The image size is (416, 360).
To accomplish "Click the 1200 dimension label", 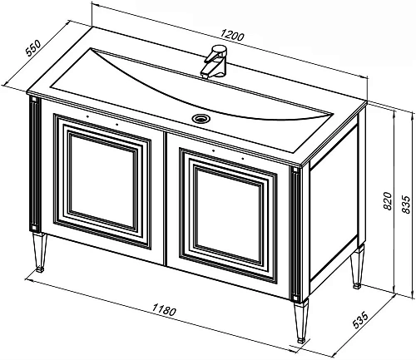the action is (232, 36).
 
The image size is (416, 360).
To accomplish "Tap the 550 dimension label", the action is (33, 48).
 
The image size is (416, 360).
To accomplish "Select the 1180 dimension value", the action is (164, 309).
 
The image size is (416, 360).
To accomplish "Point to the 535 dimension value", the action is (360, 320).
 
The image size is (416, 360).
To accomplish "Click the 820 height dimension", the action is (388, 200).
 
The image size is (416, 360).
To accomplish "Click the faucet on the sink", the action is (215, 62).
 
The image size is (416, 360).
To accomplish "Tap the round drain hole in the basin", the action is (201, 118).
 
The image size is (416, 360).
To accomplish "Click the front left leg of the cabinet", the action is (39, 253).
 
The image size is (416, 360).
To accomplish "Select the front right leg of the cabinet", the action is (300, 321).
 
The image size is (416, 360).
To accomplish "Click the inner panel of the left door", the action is (103, 181).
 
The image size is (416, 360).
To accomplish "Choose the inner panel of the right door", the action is (228, 215).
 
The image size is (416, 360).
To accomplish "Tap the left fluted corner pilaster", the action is (35, 164).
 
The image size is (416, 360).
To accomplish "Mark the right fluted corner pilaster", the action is (296, 234).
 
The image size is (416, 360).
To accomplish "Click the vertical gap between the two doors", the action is (166, 199).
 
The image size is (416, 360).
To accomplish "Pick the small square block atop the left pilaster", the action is (33, 99).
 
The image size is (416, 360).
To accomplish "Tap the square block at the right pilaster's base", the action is (295, 297).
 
